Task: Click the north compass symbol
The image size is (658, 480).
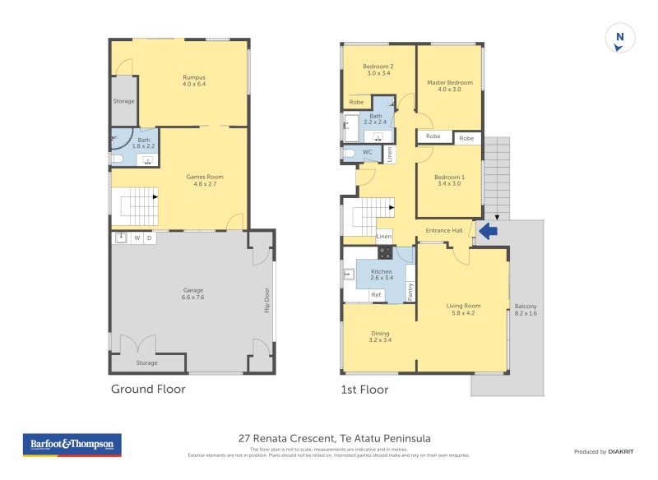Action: (619, 39)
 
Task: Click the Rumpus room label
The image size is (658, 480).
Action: (193, 81)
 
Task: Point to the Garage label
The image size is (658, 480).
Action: (193, 293)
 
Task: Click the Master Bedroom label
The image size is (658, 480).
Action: (449, 85)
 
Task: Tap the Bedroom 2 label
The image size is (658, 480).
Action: (378, 70)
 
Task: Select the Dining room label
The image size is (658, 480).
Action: (380, 336)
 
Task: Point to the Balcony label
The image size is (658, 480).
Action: (525, 309)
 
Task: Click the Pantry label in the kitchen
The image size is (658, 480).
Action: (410, 292)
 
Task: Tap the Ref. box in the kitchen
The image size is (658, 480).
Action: (376, 294)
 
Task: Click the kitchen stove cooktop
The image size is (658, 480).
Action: (385, 252)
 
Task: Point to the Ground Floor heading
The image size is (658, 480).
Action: (148, 389)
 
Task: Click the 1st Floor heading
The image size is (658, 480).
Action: (364, 389)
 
